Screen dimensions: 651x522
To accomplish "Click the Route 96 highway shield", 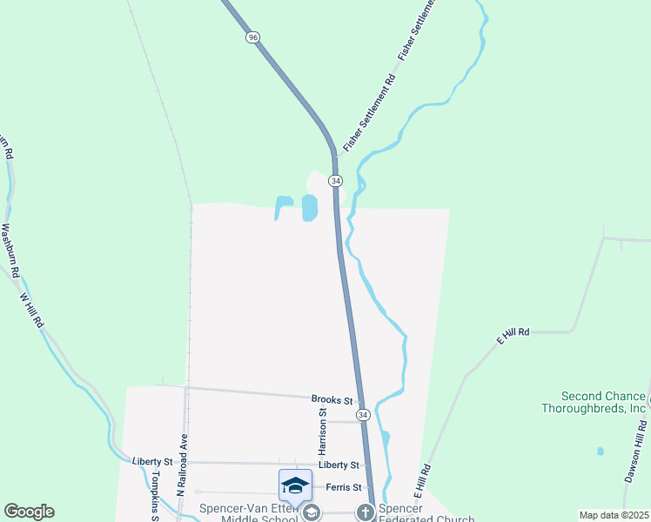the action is tap(252, 37).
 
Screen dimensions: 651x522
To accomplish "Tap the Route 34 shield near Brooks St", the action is tap(363, 415).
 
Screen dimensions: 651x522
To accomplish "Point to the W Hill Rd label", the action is tap(31, 310).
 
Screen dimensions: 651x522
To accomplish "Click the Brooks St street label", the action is tap(332, 399).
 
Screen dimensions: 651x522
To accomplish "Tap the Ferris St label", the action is tap(343, 487).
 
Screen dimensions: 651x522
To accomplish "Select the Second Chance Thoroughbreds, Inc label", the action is tap(604, 401).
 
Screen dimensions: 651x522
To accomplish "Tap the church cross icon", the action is tap(365, 513).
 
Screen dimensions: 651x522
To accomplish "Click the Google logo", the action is tap(29, 512).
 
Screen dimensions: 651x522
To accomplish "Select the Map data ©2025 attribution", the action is tap(613, 515).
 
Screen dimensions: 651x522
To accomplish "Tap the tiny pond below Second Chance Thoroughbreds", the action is tap(600, 452).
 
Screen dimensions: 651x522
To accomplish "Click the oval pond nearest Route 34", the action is tap(309, 208).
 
